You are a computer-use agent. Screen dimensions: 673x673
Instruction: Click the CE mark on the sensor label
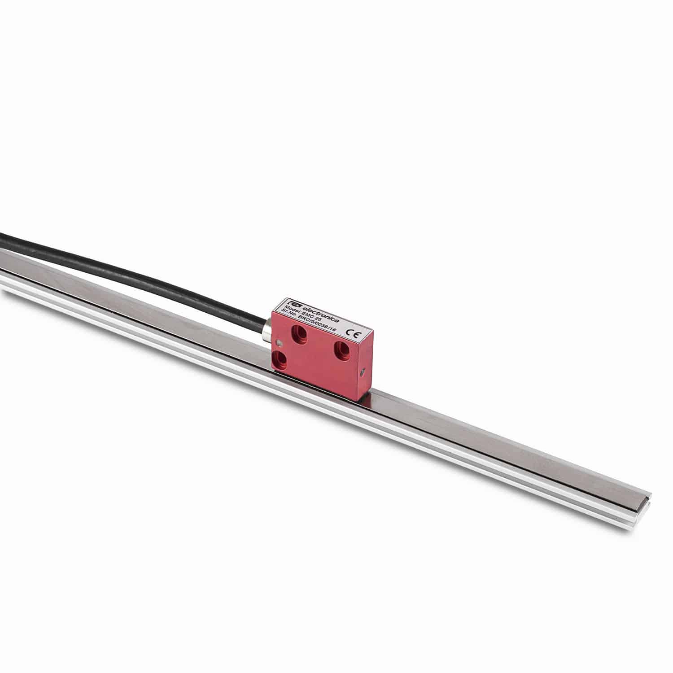(352, 333)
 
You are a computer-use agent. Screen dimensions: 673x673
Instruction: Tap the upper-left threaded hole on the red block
(298, 332)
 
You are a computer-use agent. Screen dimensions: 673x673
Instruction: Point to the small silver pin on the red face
(280, 344)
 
